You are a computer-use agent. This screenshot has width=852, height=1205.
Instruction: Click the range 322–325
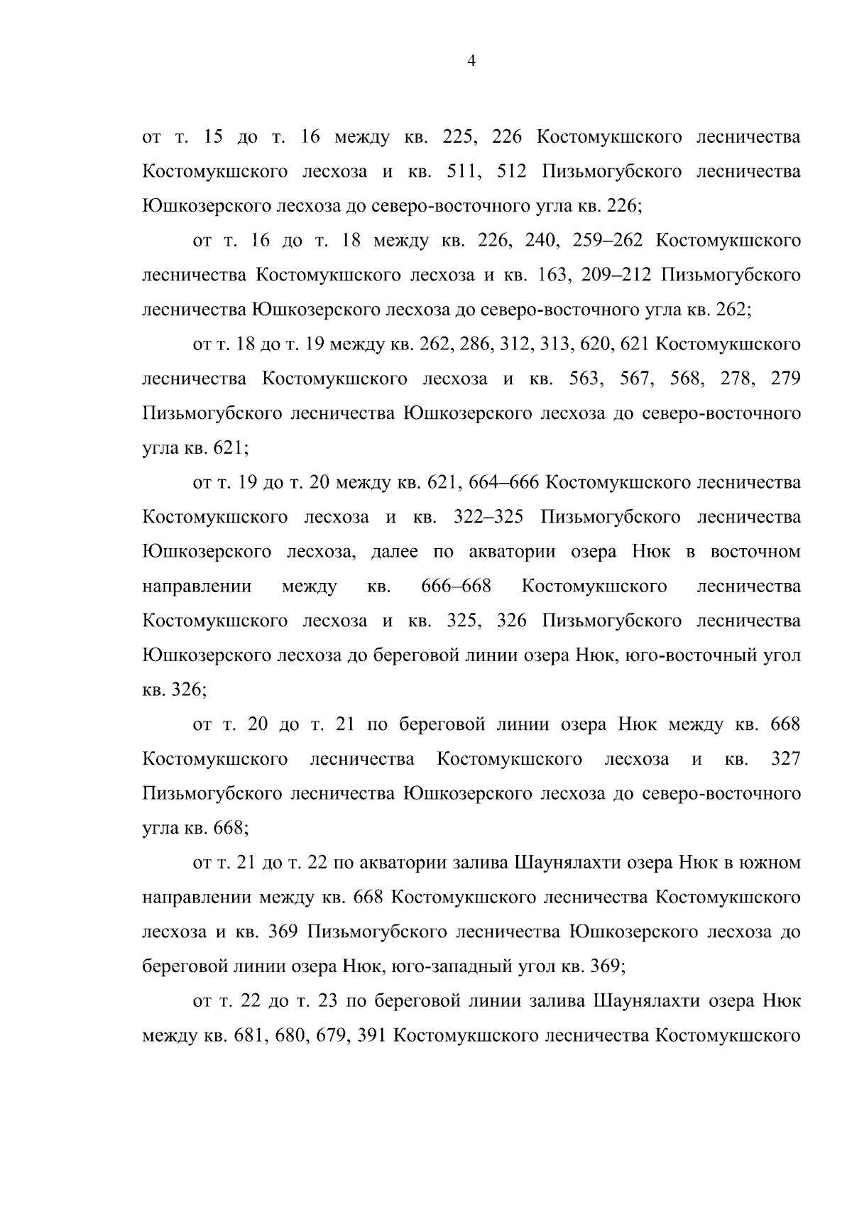488,518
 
